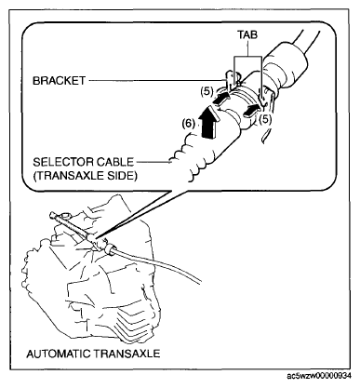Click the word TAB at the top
pyautogui.click(x=247, y=34)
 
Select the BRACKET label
pyautogui.click(x=59, y=81)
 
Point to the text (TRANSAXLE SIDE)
pyautogui.click(x=85, y=176)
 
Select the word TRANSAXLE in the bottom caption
pyautogui.click(x=127, y=354)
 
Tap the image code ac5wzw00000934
pyautogui.click(x=319, y=376)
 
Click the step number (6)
pyautogui.click(x=189, y=124)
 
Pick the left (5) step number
pyautogui.click(x=207, y=91)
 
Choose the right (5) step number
pyautogui.click(x=265, y=119)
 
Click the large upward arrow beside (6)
pyautogui.click(x=209, y=121)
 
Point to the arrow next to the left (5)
pyautogui.click(x=221, y=99)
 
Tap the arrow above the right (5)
pyautogui.click(x=251, y=110)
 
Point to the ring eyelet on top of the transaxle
pyautogui.click(x=65, y=215)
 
